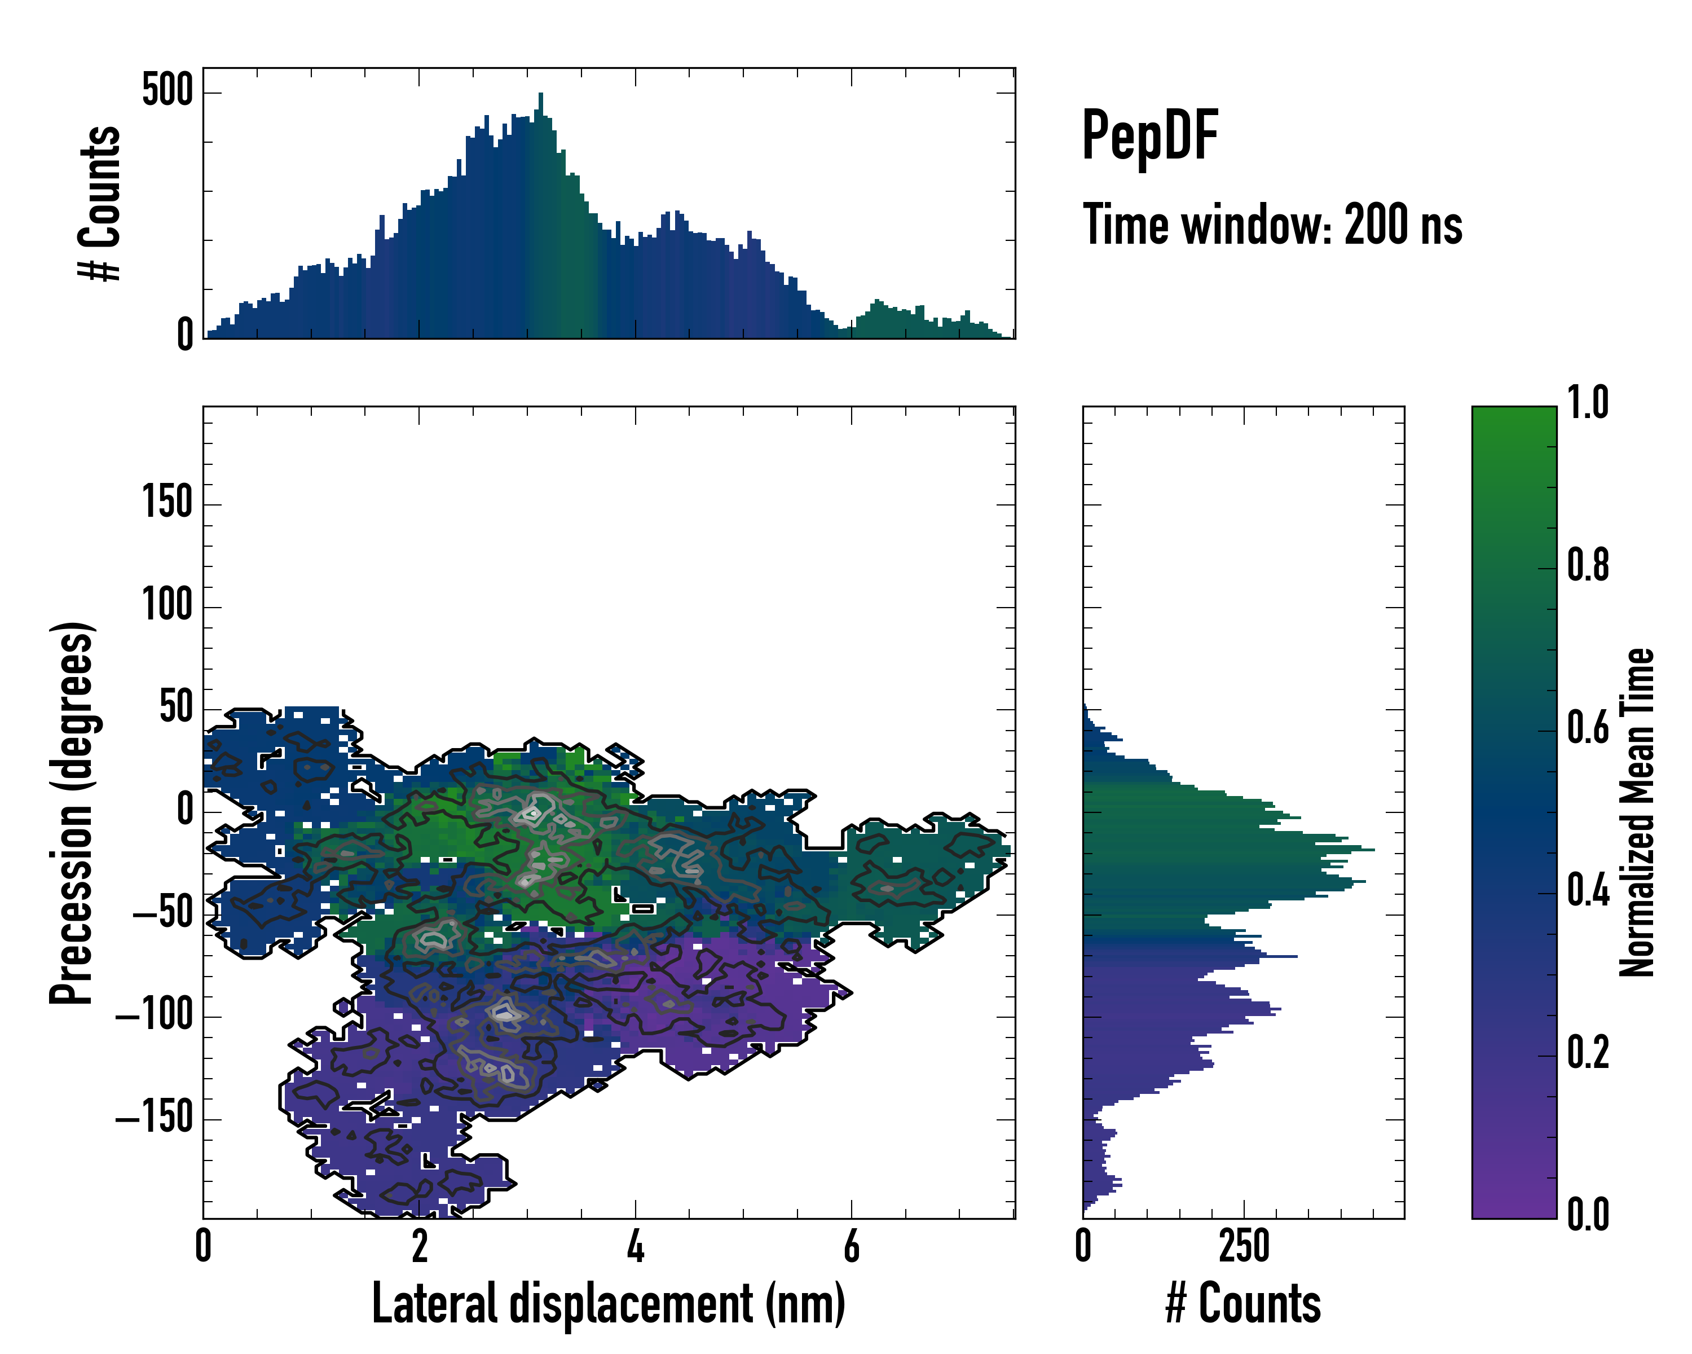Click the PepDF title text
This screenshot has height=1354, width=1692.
point(1149,137)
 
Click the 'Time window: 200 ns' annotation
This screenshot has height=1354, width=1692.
point(1272,225)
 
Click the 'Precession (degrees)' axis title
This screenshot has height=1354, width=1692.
point(73,813)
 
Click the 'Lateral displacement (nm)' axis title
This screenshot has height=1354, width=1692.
point(608,1304)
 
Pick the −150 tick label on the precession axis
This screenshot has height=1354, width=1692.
point(155,1118)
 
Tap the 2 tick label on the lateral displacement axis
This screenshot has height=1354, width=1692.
point(419,1246)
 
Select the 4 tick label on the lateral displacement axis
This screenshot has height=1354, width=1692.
point(636,1246)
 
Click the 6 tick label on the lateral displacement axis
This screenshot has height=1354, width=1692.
point(852,1246)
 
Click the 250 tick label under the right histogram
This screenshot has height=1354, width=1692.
point(1244,1246)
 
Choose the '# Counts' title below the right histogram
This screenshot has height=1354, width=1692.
point(1243,1304)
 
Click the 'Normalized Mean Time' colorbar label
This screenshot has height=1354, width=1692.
point(1637,812)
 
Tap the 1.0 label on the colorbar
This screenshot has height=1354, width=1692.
point(1588,403)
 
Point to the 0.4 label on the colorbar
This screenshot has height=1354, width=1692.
point(1588,892)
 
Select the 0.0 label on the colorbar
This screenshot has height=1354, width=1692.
point(1588,1214)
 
